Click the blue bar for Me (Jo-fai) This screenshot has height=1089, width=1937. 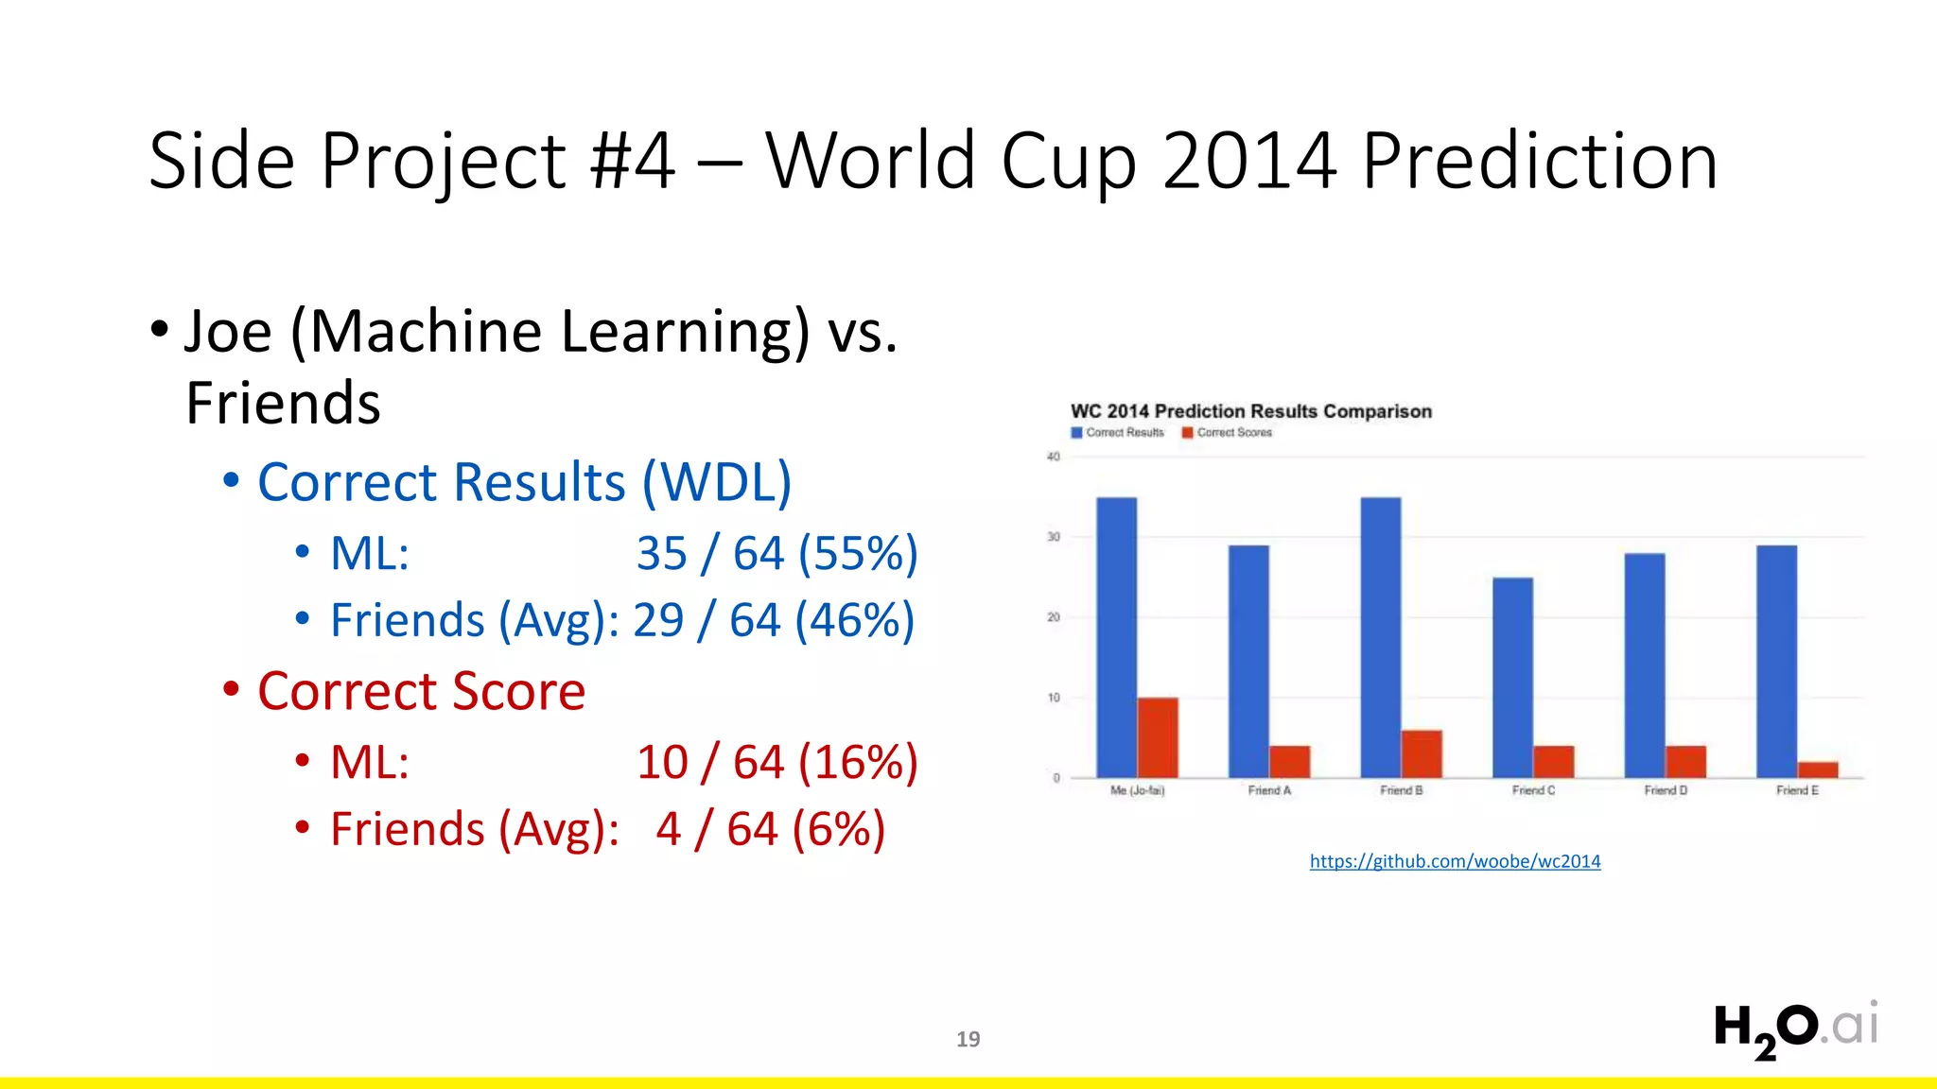(1116, 637)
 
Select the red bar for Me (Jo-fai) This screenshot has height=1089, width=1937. (1158, 737)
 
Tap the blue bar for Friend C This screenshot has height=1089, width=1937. (1512, 677)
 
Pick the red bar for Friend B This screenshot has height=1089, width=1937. (1422, 753)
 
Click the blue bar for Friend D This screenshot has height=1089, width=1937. (1645, 665)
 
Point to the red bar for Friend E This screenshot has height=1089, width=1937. (1818, 769)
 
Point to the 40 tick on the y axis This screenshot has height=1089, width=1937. (1053, 457)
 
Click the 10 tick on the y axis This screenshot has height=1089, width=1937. (1053, 698)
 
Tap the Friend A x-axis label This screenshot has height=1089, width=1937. (1268, 790)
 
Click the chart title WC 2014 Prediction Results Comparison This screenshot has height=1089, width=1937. (1250, 411)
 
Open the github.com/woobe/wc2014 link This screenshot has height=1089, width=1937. (1455, 861)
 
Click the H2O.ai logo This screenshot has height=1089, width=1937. (1794, 1028)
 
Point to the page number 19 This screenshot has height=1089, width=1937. (968, 1039)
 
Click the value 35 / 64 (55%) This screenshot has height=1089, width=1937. (777, 553)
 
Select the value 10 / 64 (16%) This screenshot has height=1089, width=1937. (777, 762)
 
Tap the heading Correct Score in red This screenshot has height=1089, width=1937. (421, 691)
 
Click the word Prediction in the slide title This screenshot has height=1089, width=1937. (1539, 162)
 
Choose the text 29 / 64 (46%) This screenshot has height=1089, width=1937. (774, 620)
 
